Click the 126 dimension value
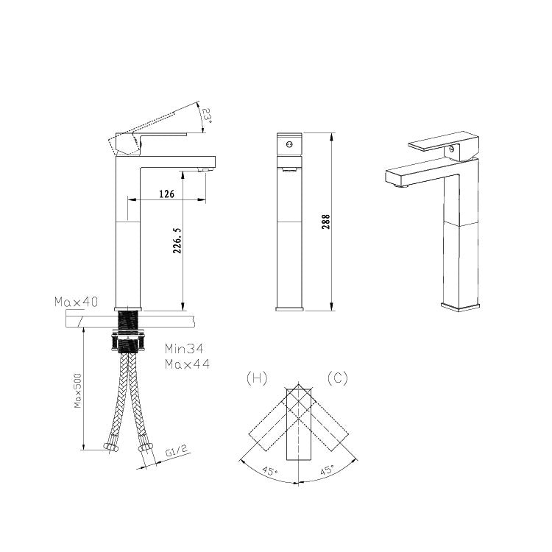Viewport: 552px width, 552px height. (x=166, y=194)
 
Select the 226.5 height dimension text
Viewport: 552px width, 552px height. (x=177, y=241)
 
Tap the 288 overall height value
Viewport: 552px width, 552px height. (x=326, y=222)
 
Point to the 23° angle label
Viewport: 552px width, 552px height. (x=207, y=116)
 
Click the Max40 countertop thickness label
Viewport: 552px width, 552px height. (x=76, y=302)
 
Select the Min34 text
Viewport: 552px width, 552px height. (x=184, y=349)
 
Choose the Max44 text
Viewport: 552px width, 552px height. (x=187, y=364)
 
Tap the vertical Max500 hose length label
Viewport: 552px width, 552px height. (x=77, y=391)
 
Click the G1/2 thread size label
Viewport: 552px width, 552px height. (x=177, y=450)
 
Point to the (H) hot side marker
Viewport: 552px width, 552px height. (x=257, y=378)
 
